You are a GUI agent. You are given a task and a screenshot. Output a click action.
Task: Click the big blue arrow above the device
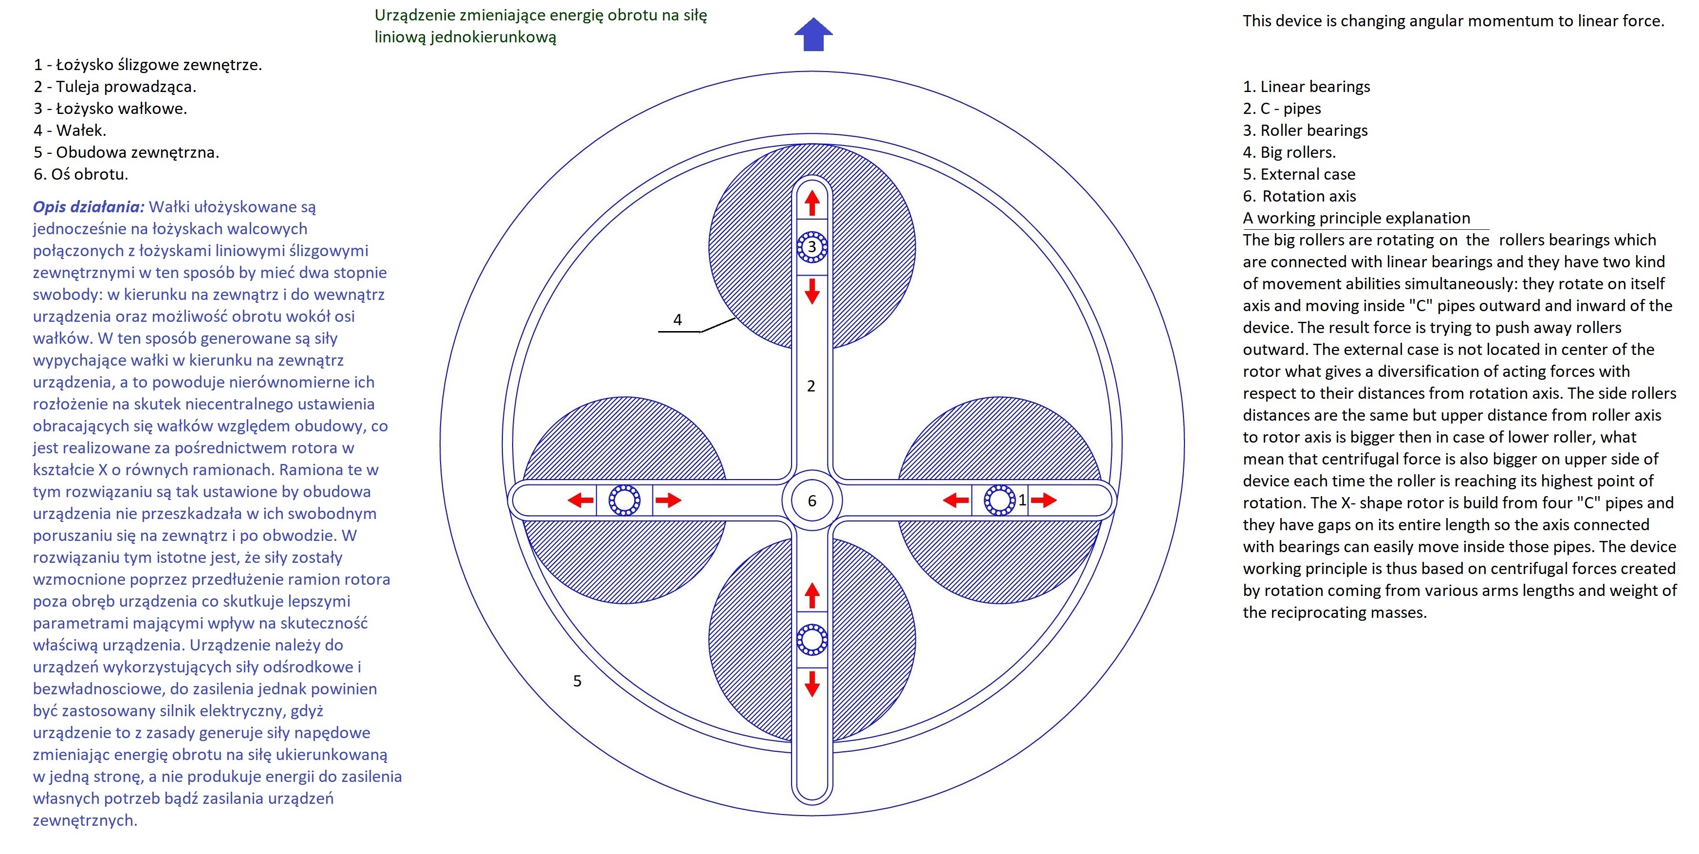click(813, 34)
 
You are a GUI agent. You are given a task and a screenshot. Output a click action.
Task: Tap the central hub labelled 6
click(812, 501)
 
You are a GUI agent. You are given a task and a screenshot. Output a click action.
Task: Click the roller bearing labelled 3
click(812, 247)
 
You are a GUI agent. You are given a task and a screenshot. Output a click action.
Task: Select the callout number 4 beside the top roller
click(677, 320)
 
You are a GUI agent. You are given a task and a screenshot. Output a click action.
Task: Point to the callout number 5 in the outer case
click(577, 681)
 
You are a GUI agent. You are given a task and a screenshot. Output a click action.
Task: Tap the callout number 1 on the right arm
click(1022, 500)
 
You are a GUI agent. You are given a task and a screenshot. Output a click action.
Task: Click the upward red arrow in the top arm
click(812, 203)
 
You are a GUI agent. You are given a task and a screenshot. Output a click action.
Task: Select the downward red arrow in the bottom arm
click(812, 684)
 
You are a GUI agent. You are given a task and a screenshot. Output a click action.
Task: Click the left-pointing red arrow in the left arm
click(580, 500)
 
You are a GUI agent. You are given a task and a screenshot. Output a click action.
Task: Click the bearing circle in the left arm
click(624, 500)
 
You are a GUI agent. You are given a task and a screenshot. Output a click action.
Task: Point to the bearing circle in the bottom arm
click(812, 639)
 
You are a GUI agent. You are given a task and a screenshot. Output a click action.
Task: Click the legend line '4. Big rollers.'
click(1290, 152)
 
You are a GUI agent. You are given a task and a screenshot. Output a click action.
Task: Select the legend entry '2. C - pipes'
click(1282, 109)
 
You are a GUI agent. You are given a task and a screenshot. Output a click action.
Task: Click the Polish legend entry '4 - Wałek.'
click(70, 130)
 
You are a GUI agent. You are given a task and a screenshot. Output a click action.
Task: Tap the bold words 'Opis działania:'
click(89, 207)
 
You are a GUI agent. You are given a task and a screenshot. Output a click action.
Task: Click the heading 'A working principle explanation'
click(1357, 218)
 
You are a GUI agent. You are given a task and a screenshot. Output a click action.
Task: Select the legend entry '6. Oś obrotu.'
click(81, 174)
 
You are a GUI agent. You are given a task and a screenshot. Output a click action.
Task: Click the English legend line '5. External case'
click(1299, 174)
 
